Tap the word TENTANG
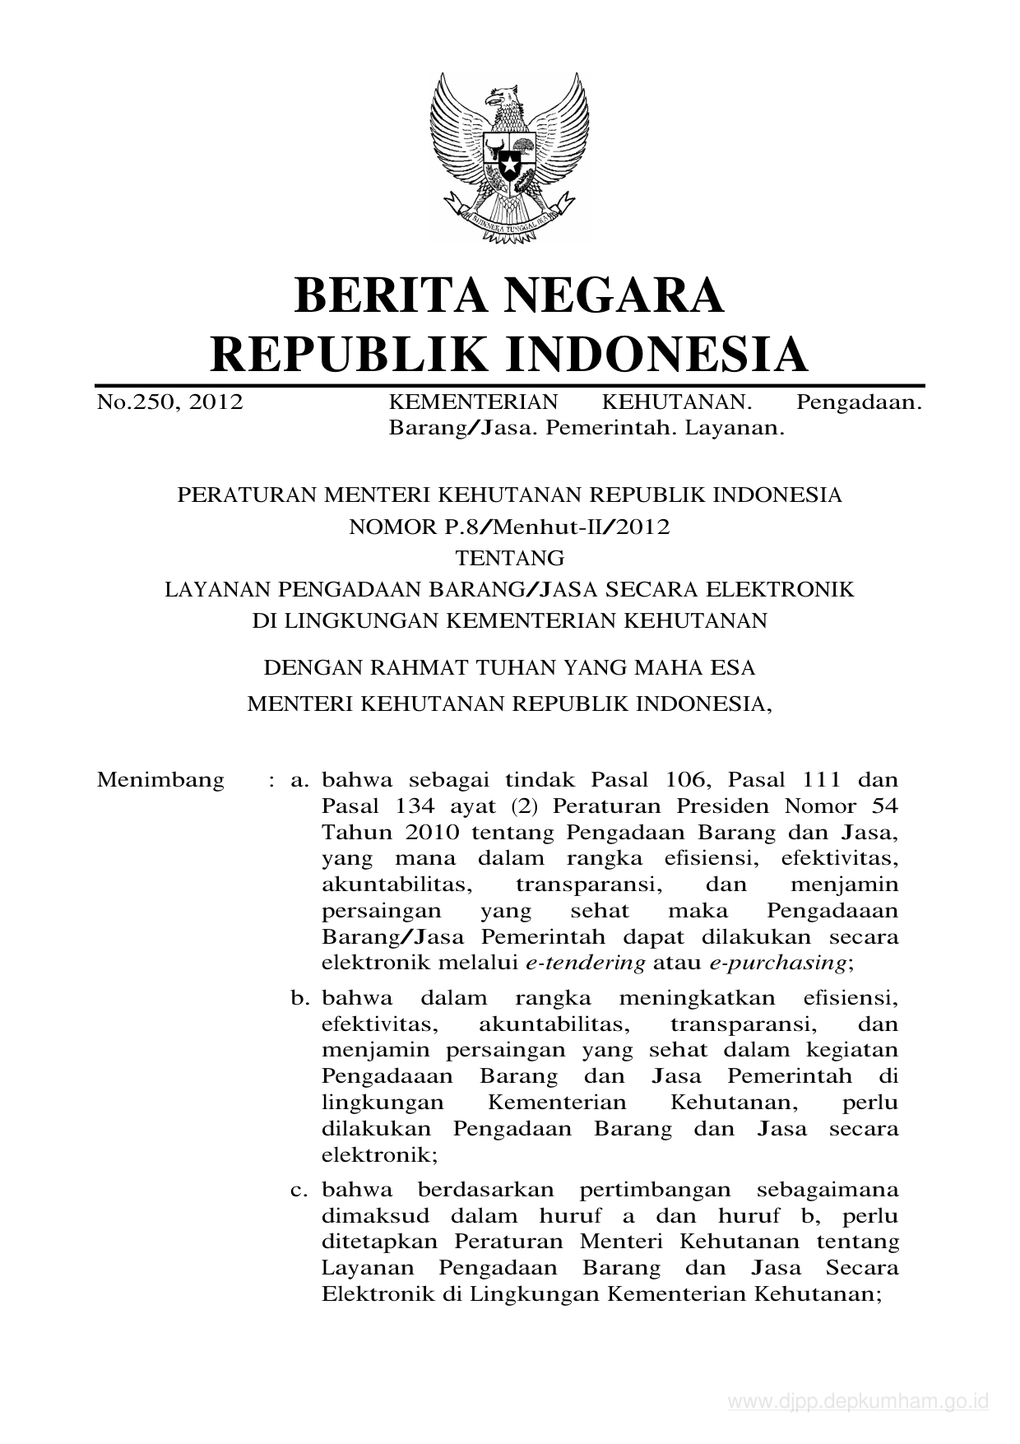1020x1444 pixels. (x=510, y=558)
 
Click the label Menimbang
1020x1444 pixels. (x=160, y=779)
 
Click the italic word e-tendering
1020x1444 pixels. (x=585, y=963)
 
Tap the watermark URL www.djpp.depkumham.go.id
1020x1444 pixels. (x=858, y=1401)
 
